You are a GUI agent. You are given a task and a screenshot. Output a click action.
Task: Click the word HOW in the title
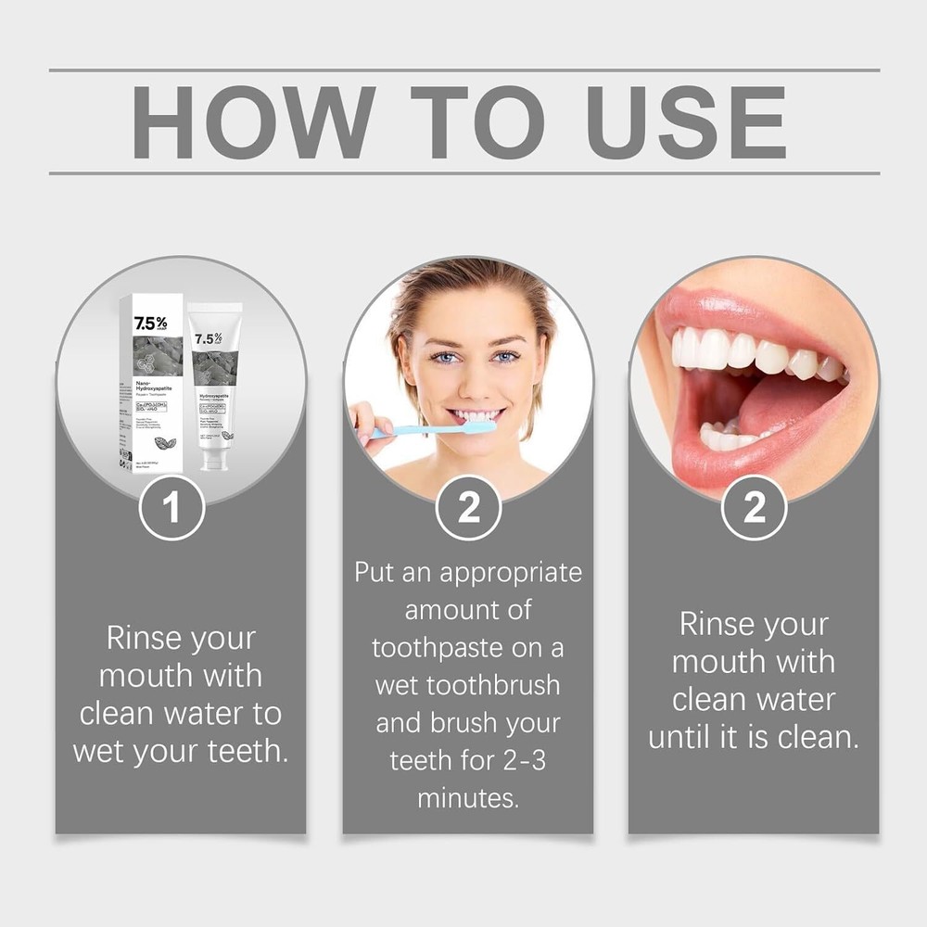(243, 122)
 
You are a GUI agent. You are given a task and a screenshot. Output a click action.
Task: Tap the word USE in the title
(686, 122)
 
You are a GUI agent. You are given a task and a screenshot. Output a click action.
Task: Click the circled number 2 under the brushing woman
(469, 507)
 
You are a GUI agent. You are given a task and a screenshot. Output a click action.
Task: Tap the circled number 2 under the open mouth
(754, 507)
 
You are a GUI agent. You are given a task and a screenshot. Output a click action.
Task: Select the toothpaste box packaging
(153, 380)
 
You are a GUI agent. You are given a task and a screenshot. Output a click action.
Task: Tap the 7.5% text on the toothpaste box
(151, 324)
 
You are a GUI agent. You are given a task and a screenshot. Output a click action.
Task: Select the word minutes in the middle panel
(468, 797)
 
